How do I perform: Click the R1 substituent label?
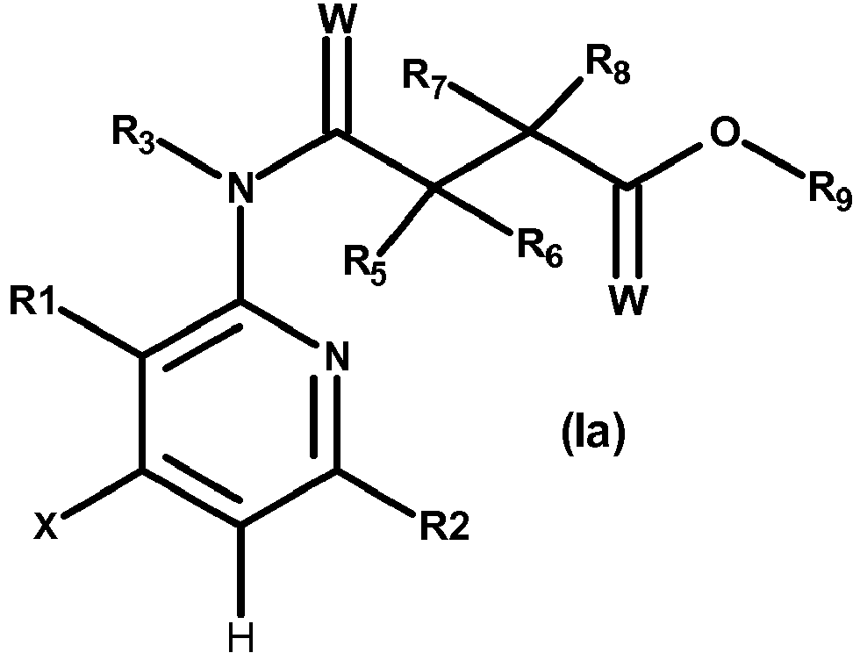point(32,301)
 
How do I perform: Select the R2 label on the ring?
point(445,526)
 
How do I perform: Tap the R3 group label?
point(133,133)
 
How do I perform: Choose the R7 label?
point(423,78)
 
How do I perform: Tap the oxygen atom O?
point(725,133)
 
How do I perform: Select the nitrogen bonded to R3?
point(240,188)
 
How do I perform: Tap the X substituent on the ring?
point(46,526)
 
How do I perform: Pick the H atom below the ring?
point(240,637)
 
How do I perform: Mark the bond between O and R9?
point(776,159)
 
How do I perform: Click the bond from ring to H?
point(240,570)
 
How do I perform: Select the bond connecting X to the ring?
point(104,493)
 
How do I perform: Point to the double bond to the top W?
point(337,84)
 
